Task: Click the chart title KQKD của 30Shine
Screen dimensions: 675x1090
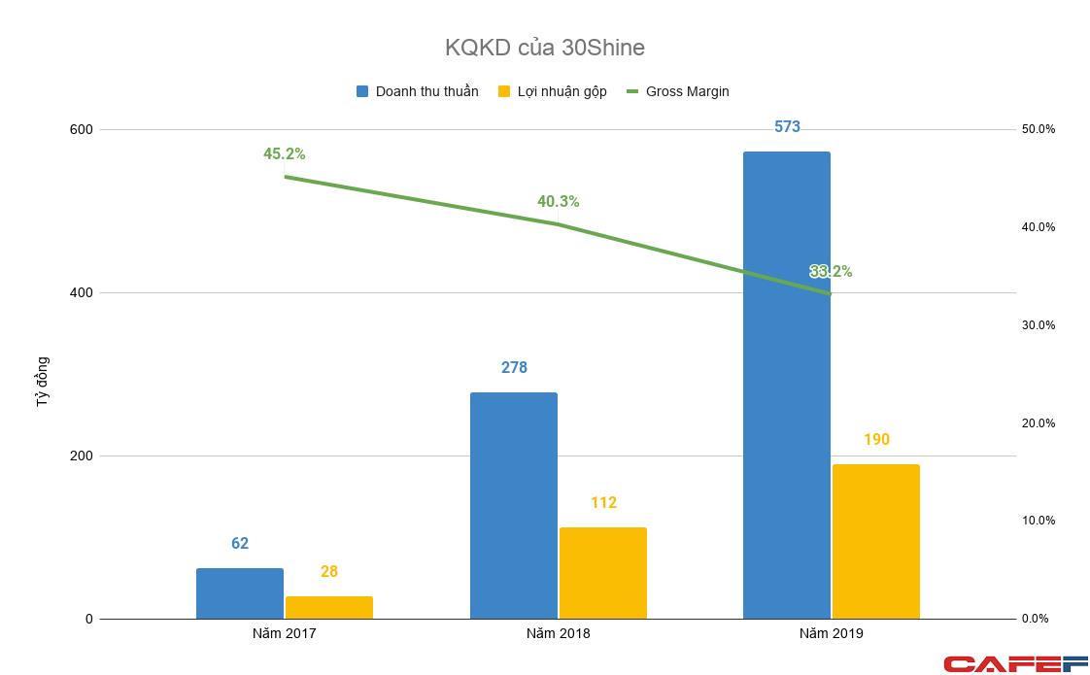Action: point(544,47)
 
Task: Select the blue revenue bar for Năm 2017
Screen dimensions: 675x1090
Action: point(240,593)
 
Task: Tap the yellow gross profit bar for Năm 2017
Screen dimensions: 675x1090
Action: point(328,607)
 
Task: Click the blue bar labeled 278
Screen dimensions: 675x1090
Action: point(514,505)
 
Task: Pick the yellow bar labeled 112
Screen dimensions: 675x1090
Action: point(602,573)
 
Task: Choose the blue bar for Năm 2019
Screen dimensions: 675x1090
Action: point(787,388)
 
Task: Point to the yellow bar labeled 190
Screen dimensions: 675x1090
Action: point(875,541)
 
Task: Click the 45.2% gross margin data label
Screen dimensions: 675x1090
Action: point(284,153)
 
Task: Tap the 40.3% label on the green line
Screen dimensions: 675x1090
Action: point(558,201)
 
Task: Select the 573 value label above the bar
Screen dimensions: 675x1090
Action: point(787,126)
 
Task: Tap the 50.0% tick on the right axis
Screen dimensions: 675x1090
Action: point(1038,129)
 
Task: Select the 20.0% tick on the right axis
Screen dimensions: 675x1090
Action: point(1038,423)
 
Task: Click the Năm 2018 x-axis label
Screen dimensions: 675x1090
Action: point(558,633)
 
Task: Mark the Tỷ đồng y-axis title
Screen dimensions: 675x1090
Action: point(42,381)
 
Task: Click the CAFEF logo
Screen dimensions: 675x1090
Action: point(1015,664)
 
